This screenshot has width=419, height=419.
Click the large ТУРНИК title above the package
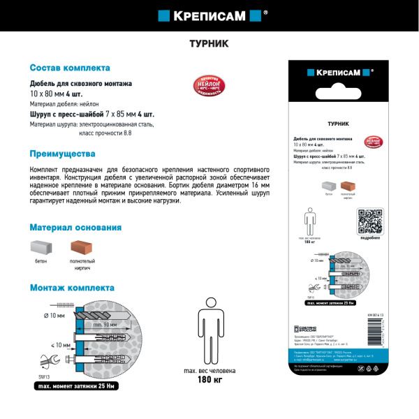209,43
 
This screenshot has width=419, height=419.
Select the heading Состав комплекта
69,68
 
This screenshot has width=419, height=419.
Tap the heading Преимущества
62,154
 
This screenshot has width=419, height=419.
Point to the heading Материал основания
75,228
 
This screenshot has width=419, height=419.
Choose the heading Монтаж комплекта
72,288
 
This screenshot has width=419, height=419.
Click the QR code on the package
370,222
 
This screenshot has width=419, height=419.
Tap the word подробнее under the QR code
370,239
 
